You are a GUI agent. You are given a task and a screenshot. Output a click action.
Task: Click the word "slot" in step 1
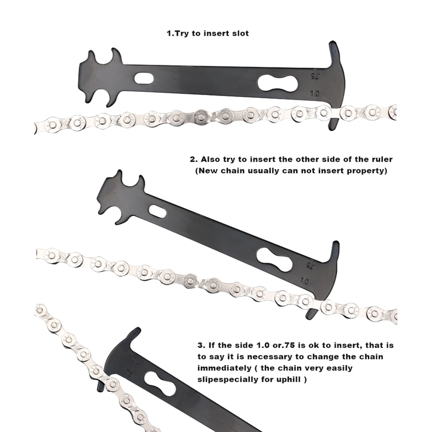(x=239, y=33)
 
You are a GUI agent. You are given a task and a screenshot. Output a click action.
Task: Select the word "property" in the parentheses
(x=367, y=171)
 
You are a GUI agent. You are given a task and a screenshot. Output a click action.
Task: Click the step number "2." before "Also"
(x=194, y=159)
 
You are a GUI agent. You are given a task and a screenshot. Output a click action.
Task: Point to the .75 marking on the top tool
(x=315, y=75)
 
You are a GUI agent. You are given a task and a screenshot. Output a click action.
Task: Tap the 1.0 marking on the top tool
(x=315, y=93)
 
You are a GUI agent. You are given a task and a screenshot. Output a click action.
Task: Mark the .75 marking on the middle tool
(x=310, y=266)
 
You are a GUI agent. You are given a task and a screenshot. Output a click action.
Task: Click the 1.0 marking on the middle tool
(x=305, y=281)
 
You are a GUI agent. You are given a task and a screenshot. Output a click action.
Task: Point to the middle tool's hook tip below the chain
(x=312, y=313)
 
